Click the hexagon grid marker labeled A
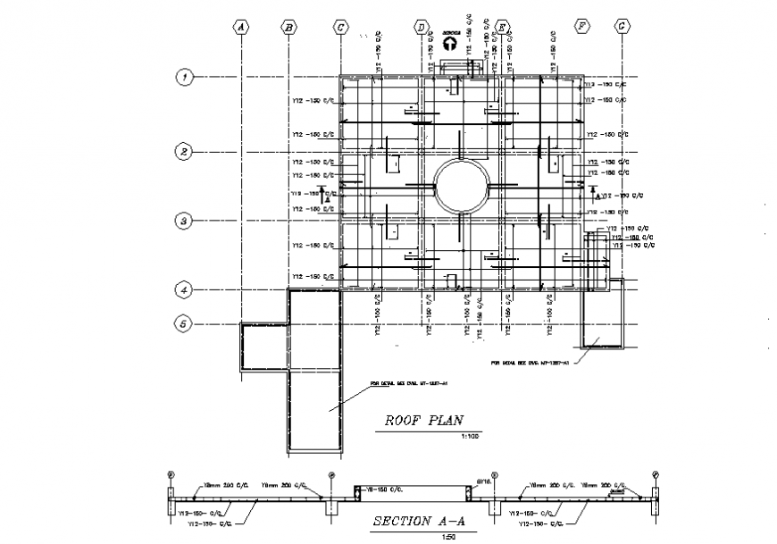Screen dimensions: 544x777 click(x=240, y=27)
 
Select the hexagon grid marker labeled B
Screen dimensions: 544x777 click(x=288, y=27)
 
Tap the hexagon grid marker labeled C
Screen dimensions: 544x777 click(x=340, y=27)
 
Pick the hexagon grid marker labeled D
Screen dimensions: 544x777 click(x=421, y=27)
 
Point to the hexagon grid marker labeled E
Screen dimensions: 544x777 click(x=502, y=27)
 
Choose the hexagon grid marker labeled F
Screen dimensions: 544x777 click(x=582, y=27)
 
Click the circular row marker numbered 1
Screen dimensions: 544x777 click(x=183, y=78)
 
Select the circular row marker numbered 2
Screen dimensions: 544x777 click(x=183, y=152)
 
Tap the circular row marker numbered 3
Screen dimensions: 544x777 click(x=183, y=220)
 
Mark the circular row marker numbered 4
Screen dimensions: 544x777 click(x=183, y=289)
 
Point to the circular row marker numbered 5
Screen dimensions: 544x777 click(x=183, y=323)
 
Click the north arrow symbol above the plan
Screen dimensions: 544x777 click(x=450, y=42)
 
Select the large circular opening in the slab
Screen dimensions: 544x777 click(x=461, y=187)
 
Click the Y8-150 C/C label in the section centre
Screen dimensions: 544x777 click(x=384, y=489)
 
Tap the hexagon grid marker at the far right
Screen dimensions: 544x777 click(x=622, y=27)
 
